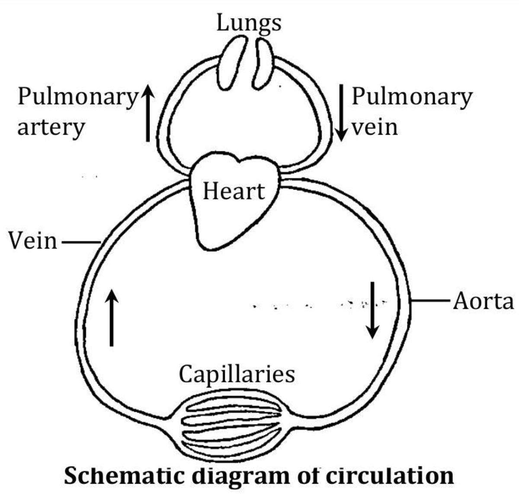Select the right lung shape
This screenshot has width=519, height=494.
click(x=263, y=62)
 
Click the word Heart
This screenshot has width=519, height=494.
click(x=234, y=191)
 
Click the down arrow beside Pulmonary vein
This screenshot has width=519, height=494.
click(x=341, y=112)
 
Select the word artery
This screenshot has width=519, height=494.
click(x=51, y=128)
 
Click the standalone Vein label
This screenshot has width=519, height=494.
click(x=33, y=241)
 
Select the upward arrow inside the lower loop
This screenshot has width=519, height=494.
click(x=112, y=318)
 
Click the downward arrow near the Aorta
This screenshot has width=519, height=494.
click(x=372, y=310)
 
